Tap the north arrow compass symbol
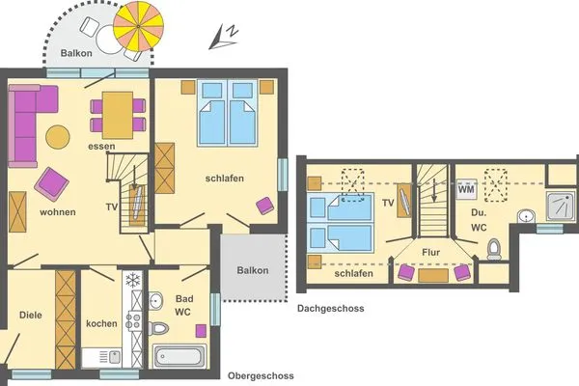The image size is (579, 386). (228, 37)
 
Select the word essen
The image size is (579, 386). (101, 147)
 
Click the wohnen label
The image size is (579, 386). (58, 211)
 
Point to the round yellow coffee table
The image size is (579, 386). (58, 137)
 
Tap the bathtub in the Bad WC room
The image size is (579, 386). (179, 356)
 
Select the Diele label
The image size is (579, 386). (31, 315)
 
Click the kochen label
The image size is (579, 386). (100, 323)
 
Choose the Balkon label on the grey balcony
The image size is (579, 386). (253, 270)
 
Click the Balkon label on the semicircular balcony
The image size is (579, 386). (75, 54)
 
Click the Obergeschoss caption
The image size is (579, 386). (261, 375)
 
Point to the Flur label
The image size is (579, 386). (431, 253)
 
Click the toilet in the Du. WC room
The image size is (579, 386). (495, 249)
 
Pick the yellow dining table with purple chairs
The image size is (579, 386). (118, 114)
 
